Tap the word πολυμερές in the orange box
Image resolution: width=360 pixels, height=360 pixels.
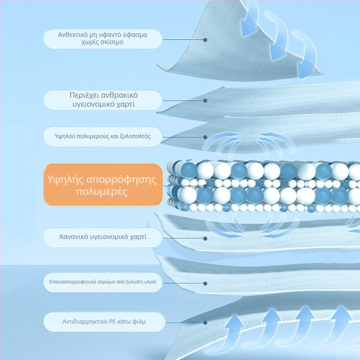(x=102, y=192)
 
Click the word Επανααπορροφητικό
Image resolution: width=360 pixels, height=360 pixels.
(x=72, y=282)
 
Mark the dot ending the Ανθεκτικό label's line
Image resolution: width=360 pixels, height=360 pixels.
(x=205, y=40)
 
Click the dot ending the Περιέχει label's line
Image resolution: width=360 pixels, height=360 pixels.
(x=205, y=100)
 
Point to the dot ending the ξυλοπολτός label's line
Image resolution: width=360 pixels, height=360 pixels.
(x=205, y=137)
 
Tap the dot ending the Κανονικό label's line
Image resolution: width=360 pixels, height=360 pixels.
(x=205, y=238)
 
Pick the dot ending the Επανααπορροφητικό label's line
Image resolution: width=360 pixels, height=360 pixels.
(x=205, y=283)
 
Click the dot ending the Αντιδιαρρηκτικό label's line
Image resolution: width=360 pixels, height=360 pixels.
(x=205, y=323)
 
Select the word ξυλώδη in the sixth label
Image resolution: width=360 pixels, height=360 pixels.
(x=134, y=282)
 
